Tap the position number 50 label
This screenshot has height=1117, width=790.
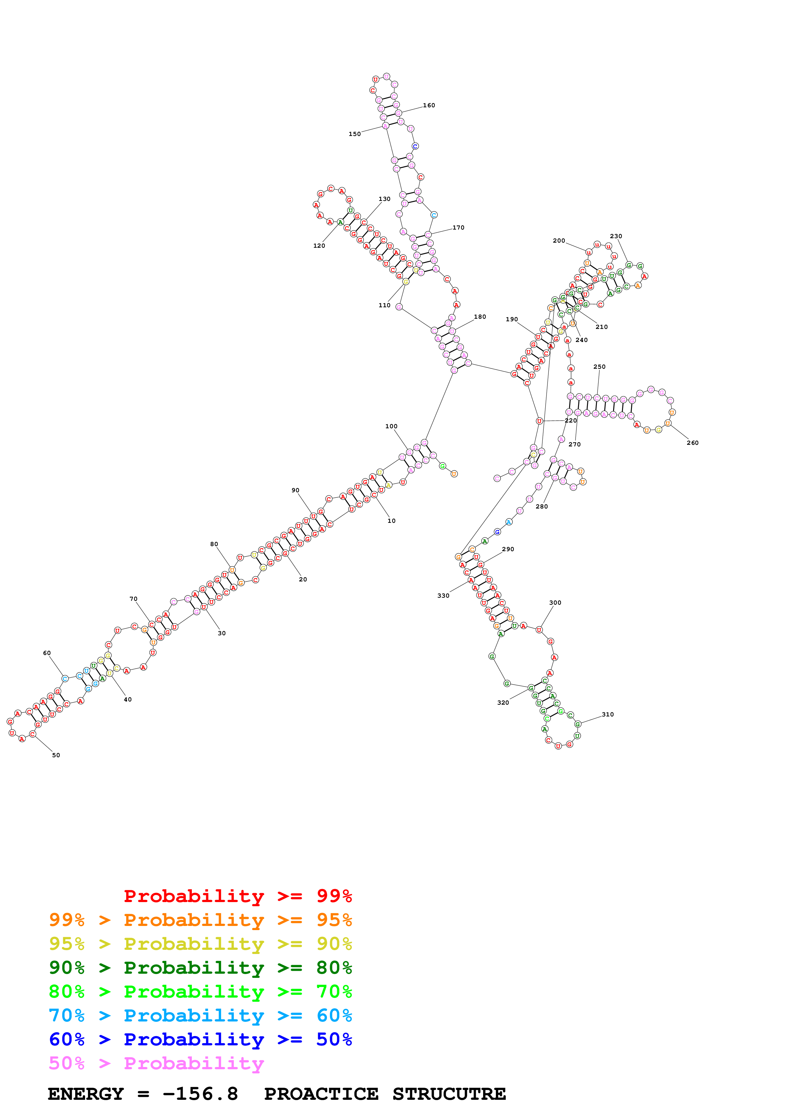click(x=56, y=755)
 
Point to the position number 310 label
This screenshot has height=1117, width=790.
click(x=607, y=714)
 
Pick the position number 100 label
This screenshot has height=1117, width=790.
click(x=391, y=426)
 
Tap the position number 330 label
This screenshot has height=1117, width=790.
click(x=443, y=595)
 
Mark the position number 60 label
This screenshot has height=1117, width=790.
click(x=47, y=653)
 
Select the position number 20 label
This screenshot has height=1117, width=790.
click(x=303, y=580)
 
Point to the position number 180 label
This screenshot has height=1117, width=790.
click(x=480, y=317)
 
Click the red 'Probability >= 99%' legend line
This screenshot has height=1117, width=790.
click(x=237, y=896)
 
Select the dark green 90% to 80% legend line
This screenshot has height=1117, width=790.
click(x=200, y=968)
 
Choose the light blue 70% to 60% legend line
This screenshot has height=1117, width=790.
click(x=200, y=1015)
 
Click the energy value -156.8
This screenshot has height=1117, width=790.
click(x=200, y=1094)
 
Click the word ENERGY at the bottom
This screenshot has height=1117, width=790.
click(x=86, y=1094)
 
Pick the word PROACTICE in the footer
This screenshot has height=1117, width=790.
click(x=321, y=1094)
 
